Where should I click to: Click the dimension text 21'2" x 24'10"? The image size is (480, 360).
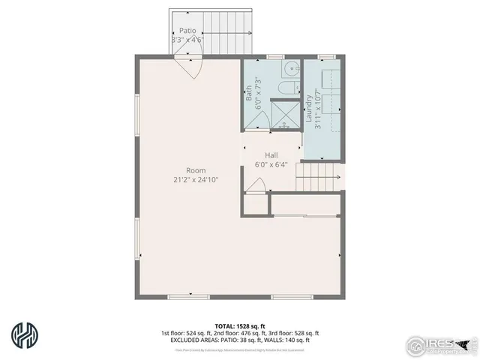[196, 180]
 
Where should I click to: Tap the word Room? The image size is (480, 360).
[196, 170]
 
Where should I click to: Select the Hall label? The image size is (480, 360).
[271, 155]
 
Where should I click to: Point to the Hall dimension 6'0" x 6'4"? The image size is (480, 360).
[271, 165]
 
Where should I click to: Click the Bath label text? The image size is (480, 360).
[250, 93]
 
